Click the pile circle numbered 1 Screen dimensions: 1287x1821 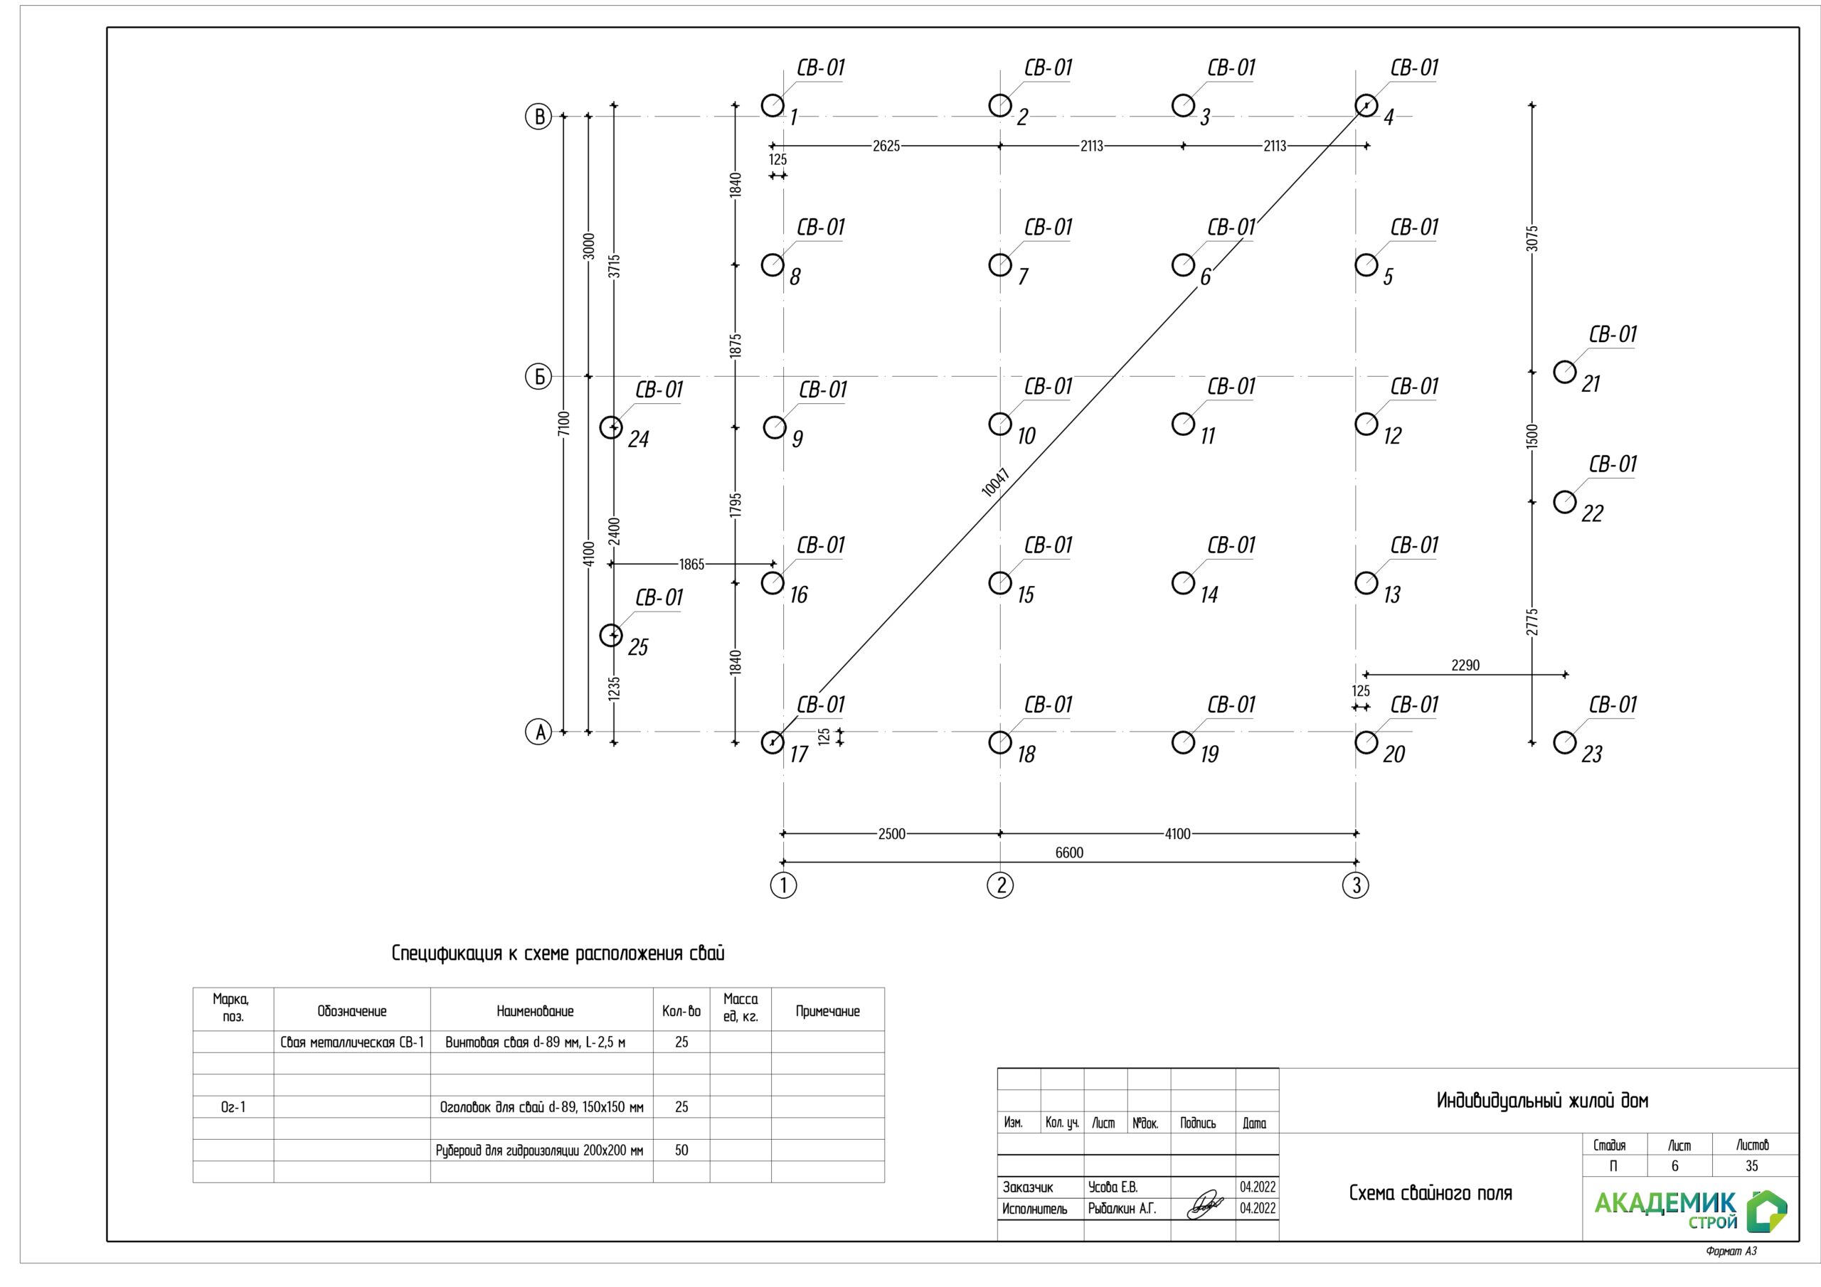tap(772, 105)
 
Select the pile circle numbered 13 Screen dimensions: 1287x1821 tap(1366, 583)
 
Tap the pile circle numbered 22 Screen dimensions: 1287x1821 tap(1564, 502)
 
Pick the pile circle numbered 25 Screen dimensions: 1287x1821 tap(611, 635)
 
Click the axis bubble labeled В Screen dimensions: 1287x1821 tap(538, 117)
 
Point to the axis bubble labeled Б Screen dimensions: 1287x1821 tap(538, 376)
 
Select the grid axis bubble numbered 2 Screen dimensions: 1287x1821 tap(1000, 885)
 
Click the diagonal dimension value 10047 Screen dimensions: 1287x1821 tap(994, 482)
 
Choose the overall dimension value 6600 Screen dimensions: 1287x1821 tap(1069, 853)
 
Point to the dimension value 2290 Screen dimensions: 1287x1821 tap(1465, 666)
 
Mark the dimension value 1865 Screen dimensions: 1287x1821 tap(691, 564)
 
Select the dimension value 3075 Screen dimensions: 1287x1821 tap(1531, 239)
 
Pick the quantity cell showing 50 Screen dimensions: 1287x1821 tap(681, 1150)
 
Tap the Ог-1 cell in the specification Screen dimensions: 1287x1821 tap(233, 1106)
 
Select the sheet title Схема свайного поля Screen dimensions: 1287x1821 tap(1430, 1193)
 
